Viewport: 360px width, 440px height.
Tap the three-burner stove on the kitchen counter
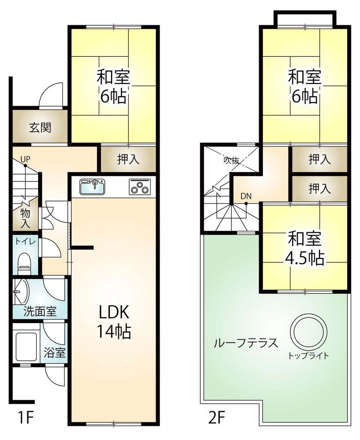point(139,186)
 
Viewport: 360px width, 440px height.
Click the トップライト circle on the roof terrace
point(309,332)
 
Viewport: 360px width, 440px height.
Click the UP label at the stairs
point(26,159)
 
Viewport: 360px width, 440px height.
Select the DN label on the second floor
point(246,196)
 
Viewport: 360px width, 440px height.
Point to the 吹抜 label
point(231,160)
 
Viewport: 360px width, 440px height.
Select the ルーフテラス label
point(246,343)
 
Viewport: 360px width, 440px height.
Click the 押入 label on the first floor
point(128,159)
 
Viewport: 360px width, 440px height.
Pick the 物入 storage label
point(25,218)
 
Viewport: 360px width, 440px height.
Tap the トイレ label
point(26,242)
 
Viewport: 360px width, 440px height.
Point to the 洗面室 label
point(40,312)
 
